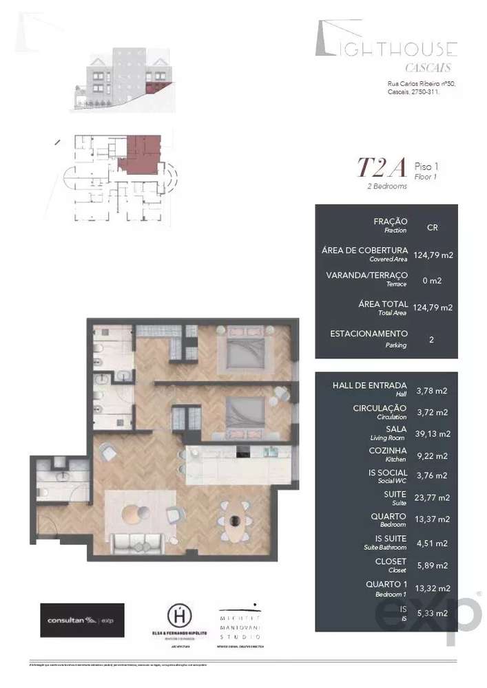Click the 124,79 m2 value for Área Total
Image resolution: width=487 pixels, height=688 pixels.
[433, 308]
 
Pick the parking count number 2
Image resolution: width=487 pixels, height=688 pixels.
[432, 339]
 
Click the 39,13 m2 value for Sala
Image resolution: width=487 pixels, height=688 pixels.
[433, 433]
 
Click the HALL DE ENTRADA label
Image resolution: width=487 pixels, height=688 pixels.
[369, 385]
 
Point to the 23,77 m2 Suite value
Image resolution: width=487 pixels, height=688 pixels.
[433, 497]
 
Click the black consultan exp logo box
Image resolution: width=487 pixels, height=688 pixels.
[82, 620]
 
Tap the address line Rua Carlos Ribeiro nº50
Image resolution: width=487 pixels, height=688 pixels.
[420, 84]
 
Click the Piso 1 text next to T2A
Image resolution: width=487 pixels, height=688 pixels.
[426, 166]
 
